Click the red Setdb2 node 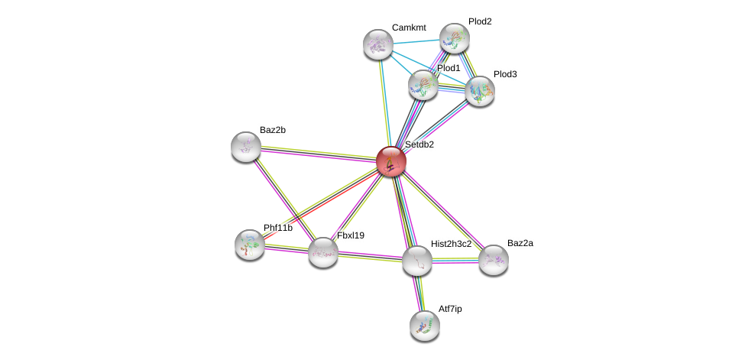[x=390, y=161]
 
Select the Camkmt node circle [x=377, y=44]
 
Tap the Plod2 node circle [x=455, y=38]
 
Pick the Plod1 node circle [x=423, y=85]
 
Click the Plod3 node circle [x=480, y=91]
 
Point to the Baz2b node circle [x=246, y=147]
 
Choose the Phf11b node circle [x=250, y=245]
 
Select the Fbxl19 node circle [x=323, y=252]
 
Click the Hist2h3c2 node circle [x=417, y=261]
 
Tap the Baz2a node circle [x=494, y=260]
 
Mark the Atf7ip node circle [x=425, y=326]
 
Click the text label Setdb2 [x=419, y=144]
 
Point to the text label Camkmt [x=409, y=28]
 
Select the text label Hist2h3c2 [x=451, y=244]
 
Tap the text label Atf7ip [x=450, y=309]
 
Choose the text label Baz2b [x=272, y=130]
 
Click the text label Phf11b [x=277, y=228]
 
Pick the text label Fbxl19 [x=351, y=235]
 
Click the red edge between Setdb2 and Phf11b [x=321, y=203]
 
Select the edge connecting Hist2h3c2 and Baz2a [x=455, y=261]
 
